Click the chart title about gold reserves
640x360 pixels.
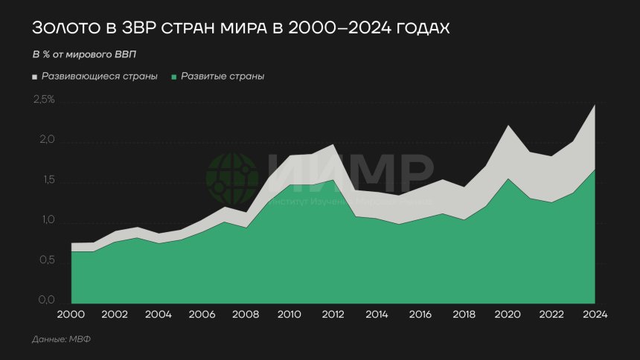pyautogui.click(x=241, y=28)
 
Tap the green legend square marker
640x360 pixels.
pyautogui.click(x=174, y=77)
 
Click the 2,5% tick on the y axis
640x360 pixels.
pyautogui.click(x=44, y=100)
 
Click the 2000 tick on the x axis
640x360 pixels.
pyautogui.click(x=71, y=314)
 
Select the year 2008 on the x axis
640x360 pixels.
pyautogui.click(x=246, y=314)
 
